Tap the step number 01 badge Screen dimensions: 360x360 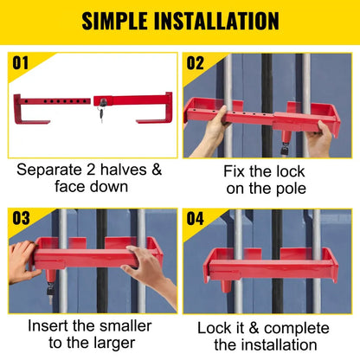click(x=21, y=62)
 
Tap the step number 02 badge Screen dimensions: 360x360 click(x=196, y=62)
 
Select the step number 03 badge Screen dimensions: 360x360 click(x=21, y=218)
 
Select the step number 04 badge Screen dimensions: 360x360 click(x=196, y=218)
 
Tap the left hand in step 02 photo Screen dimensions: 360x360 click(x=211, y=122)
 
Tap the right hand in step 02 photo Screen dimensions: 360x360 click(x=324, y=134)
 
